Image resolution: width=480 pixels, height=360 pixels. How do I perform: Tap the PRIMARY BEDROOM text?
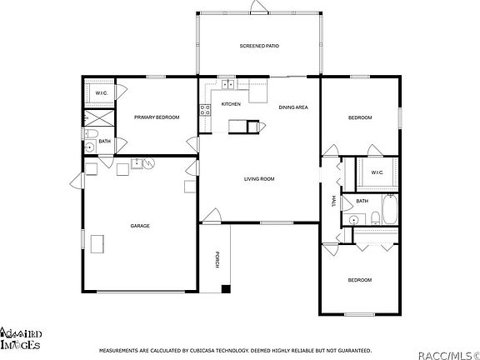coord(157,117)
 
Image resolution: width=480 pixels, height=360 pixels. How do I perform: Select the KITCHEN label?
coord(231,104)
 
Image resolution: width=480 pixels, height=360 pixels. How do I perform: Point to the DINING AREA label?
coord(293,107)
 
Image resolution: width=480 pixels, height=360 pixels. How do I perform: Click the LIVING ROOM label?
coord(259,179)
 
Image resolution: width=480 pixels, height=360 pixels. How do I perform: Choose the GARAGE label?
coord(139,226)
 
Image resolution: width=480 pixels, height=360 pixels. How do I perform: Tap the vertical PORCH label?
coord(217,259)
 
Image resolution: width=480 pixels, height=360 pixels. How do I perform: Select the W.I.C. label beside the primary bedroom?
coord(99,92)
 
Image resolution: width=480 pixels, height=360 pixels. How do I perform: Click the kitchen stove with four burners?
coord(204,109)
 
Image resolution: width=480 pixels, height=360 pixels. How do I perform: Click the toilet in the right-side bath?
coord(375,218)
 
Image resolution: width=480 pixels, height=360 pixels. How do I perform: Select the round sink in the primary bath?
coord(89,147)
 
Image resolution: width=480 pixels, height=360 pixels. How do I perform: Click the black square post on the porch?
coord(225,289)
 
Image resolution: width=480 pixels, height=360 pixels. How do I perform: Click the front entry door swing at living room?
coord(212,215)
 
